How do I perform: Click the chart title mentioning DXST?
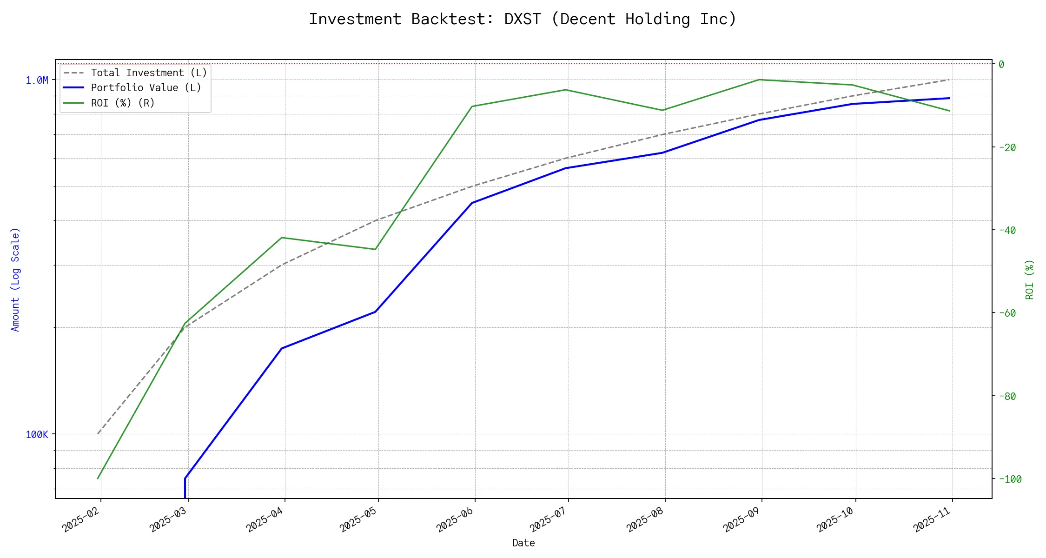(x=523, y=19)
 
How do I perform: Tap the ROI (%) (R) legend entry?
(x=123, y=103)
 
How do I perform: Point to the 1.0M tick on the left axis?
(x=37, y=80)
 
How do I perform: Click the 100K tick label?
(x=37, y=435)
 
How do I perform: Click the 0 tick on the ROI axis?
(x=1001, y=64)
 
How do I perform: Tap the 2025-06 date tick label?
(x=455, y=520)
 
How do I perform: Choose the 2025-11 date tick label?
(x=933, y=520)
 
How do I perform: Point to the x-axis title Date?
(x=523, y=543)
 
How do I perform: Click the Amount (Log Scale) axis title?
(x=15, y=279)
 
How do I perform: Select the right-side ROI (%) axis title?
(x=1029, y=279)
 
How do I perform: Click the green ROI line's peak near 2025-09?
(x=759, y=80)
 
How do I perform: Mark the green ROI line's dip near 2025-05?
(x=375, y=249)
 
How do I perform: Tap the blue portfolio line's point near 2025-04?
(x=282, y=348)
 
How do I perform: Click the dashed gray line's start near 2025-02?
(x=98, y=434)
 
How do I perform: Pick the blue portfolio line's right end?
(x=949, y=98)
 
